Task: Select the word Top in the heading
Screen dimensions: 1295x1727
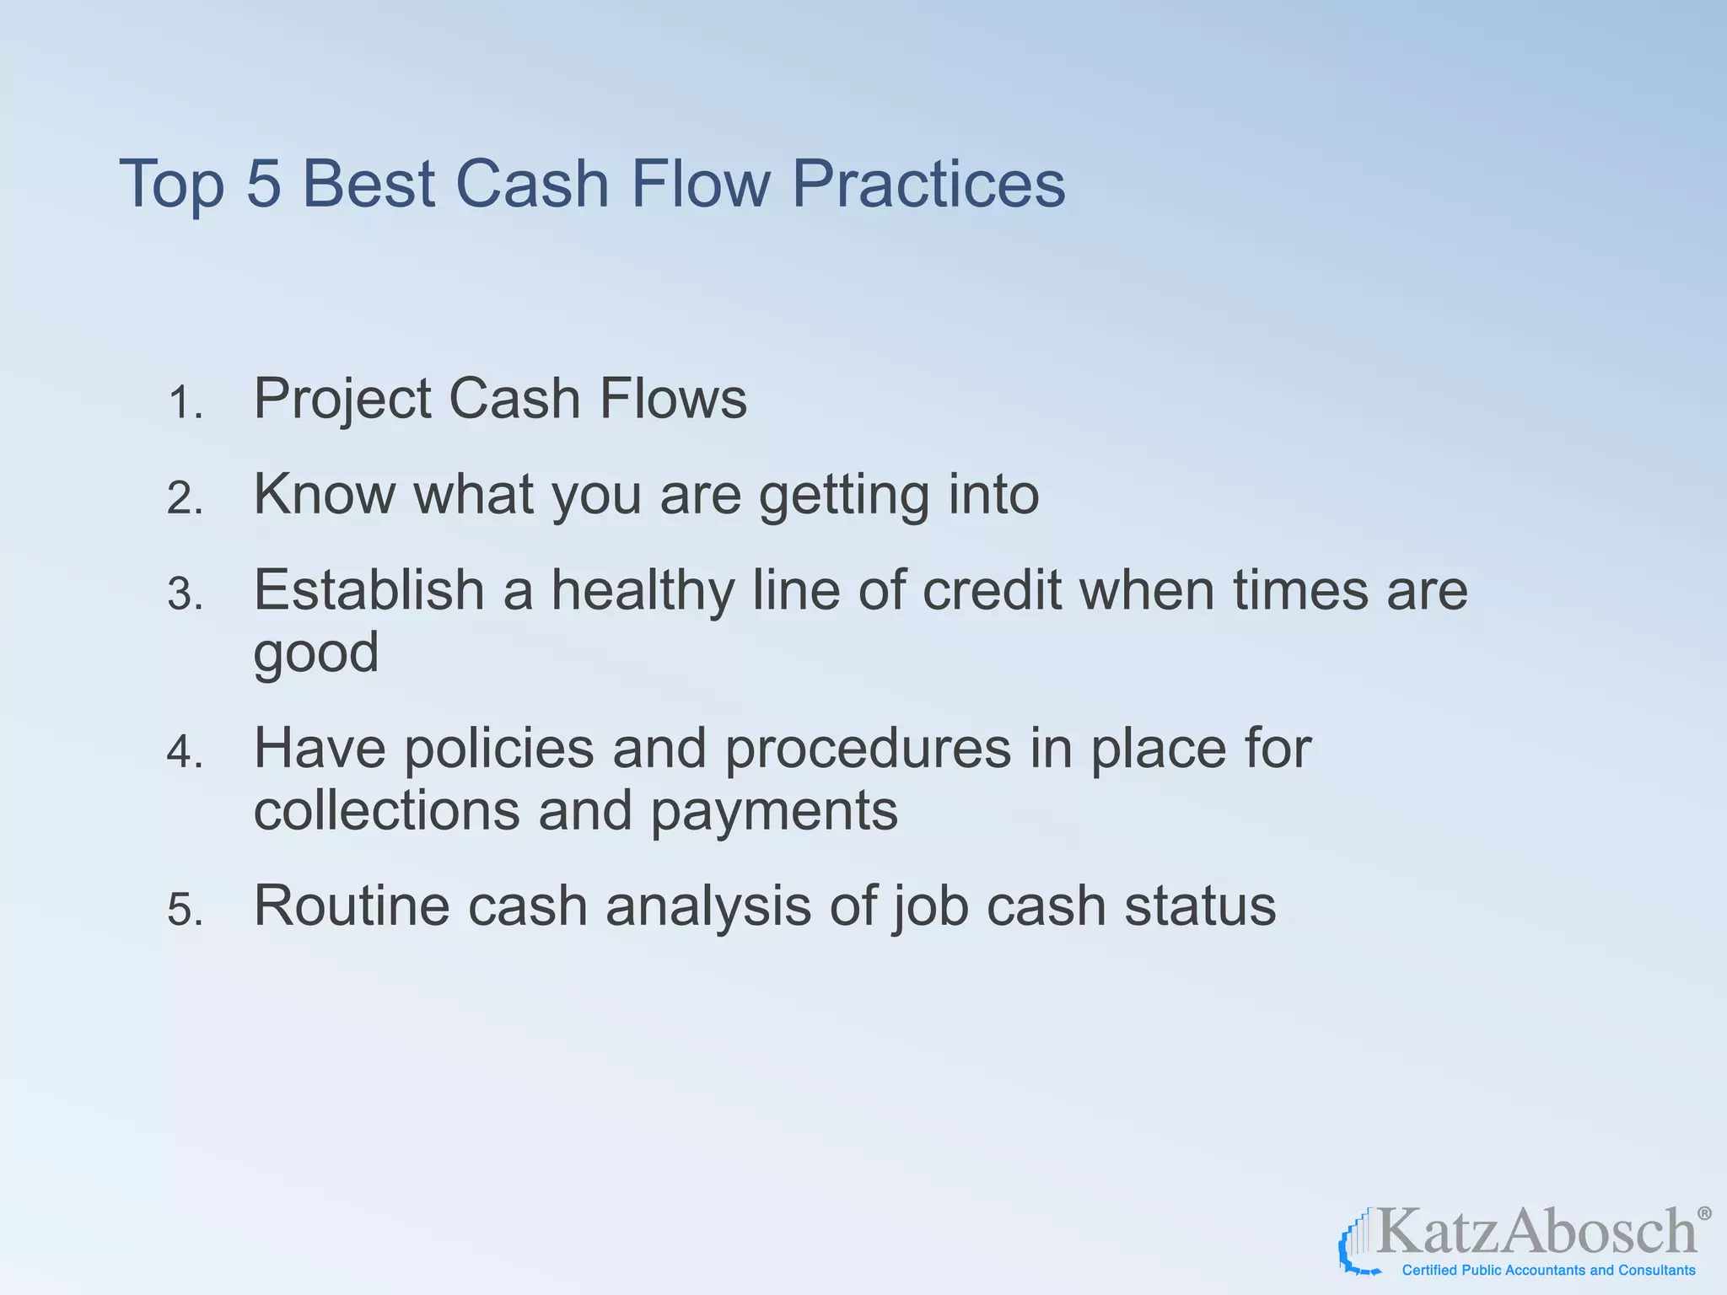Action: (171, 185)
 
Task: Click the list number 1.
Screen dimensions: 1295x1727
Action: (185, 402)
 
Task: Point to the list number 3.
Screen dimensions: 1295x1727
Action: (185, 594)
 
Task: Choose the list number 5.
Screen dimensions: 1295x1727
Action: (185, 911)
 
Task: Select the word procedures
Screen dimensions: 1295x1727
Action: (868, 750)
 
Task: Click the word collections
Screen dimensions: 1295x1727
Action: (385, 810)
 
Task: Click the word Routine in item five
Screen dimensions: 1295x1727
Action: (352, 905)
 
